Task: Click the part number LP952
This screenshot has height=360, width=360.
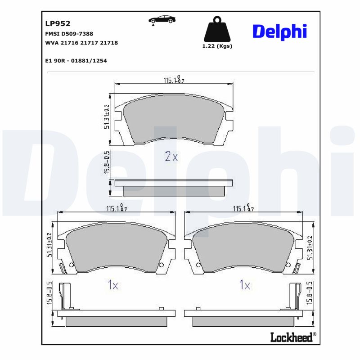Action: point(58,23)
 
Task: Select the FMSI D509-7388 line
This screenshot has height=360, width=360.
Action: point(69,34)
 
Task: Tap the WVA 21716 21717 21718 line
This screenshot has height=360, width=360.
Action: point(81,43)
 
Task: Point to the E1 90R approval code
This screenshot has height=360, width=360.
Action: point(76,60)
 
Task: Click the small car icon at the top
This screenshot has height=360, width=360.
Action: point(162,20)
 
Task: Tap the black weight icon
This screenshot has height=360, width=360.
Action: point(217,29)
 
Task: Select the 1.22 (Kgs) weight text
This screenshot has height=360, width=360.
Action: point(217,46)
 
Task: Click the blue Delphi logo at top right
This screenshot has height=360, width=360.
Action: point(279,31)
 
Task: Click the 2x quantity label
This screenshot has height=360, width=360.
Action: point(171,157)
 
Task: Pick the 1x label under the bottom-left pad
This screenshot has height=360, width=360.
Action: point(112,285)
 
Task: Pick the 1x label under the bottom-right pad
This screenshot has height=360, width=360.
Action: point(244,285)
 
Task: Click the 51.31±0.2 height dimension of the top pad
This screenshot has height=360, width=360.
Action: point(107,116)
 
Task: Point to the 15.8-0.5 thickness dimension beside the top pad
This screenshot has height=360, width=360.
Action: point(107,165)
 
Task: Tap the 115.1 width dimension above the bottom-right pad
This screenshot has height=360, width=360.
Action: point(243,208)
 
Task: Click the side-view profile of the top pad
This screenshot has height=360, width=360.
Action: point(174,187)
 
